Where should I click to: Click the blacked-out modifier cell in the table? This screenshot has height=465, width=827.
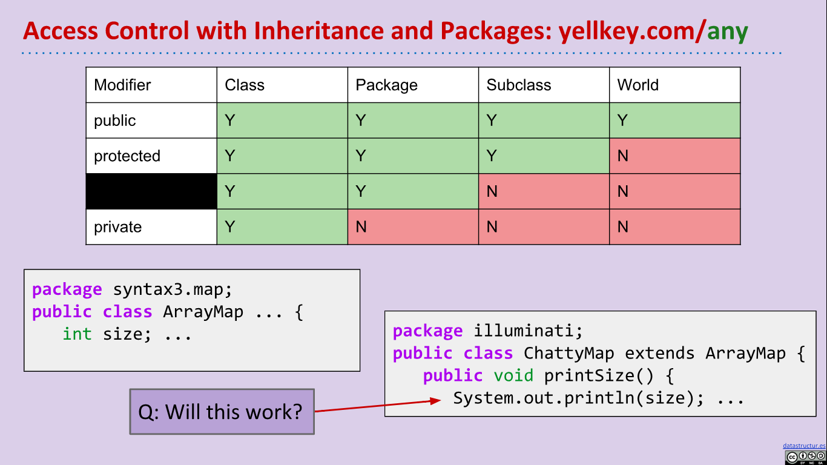pos(151,191)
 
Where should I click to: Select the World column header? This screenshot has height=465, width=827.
pos(638,85)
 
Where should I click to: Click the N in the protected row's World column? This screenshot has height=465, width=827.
pos(622,156)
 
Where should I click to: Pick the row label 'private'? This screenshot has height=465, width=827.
pos(117,227)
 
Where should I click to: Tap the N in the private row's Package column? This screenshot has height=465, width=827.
pos(361,227)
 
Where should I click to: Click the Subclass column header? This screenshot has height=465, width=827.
pos(518,85)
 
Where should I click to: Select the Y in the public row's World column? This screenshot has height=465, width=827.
pos(622,120)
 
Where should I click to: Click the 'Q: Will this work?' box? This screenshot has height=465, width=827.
pos(222,412)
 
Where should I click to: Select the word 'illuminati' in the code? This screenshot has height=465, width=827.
pos(527,331)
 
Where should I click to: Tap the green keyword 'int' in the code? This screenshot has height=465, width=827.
pos(77,334)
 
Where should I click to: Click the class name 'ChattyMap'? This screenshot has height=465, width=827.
pos(568,354)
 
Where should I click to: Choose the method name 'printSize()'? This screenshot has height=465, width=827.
pos(599,376)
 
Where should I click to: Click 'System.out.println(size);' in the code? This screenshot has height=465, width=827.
pos(578,398)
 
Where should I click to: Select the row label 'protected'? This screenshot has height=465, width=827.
pos(127,156)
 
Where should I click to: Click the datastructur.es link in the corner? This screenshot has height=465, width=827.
pos(803,445)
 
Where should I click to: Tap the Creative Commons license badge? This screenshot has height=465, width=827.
pos(805,457)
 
